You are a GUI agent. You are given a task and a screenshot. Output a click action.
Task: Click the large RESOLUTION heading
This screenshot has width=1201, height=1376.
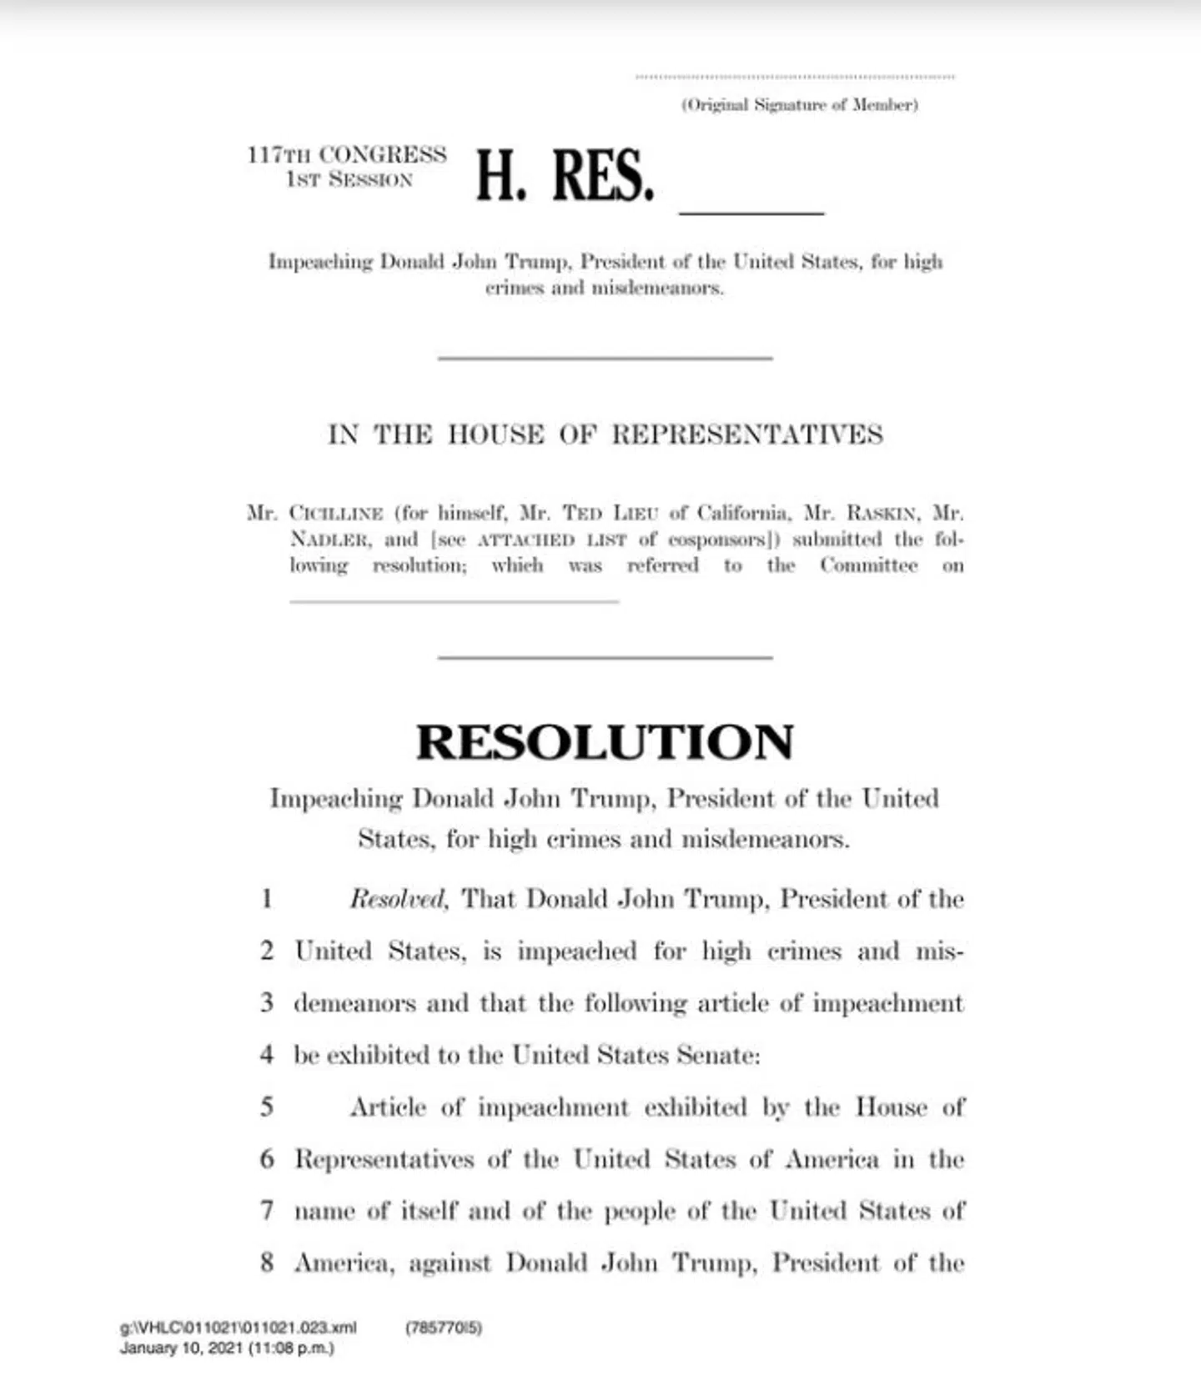click(x=605, y=742)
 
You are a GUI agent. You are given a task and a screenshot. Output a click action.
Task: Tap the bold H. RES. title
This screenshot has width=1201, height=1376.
click(x=565, y=176)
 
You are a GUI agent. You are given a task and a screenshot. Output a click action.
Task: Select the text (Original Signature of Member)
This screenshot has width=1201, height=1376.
click(x=800, y=105)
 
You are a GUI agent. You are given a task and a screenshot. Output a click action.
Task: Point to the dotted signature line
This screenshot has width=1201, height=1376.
click(x=795, y=77)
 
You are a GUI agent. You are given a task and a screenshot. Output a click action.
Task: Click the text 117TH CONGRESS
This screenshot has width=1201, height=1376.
click(x=347, y=155)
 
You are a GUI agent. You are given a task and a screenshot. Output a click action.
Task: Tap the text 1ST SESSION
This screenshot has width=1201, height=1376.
click(x=349, y=180)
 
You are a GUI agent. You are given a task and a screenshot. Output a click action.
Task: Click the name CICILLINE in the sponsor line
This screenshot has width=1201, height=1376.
click(x=336, y=513)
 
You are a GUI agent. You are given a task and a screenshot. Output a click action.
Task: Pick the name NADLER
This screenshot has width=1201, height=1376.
click(x=329, y=540)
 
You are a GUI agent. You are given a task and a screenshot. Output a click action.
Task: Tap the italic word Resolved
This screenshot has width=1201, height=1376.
click(x=398, y=899)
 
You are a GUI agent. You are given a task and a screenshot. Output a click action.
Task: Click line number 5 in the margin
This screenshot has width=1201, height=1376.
click(x=267, y=1107)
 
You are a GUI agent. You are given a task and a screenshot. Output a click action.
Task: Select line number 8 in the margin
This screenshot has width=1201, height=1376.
click(x=267, y=1263)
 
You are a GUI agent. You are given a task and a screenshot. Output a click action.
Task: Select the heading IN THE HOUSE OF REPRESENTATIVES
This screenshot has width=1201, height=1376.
click(x=605, y=434)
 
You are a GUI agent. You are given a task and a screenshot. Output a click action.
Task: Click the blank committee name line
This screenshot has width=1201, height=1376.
click(x=454, y=599)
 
